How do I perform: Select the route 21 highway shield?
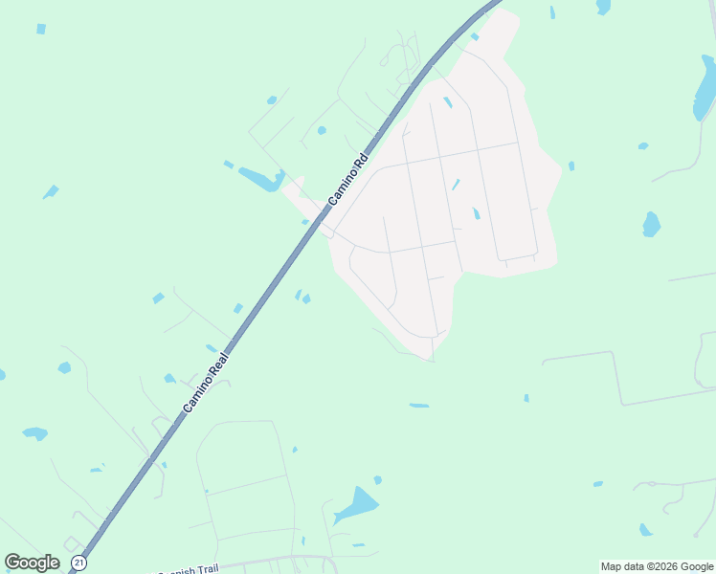[78, 563]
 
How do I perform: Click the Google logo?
[32, 563]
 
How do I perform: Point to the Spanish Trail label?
[190, 570]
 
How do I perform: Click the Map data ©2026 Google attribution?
[657, 566]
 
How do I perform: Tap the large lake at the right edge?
[705, 88]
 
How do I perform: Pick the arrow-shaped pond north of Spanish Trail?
[356, 505]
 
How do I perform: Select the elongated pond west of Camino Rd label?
[260, 178]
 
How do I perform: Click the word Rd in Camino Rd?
[361, 160]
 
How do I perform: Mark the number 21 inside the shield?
[78, 563]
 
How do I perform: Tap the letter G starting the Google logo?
[12, 563]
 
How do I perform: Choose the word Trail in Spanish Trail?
[208, 569]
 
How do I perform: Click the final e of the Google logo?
[54, 563]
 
